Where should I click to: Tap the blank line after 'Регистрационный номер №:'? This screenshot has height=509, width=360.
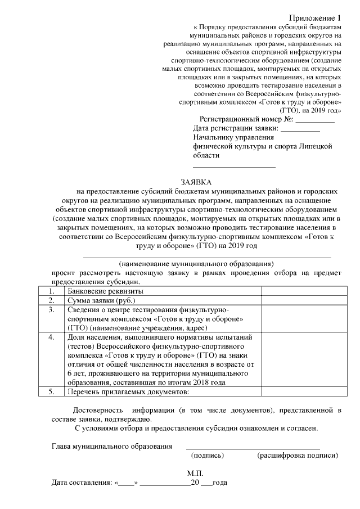click(x=315, y=120)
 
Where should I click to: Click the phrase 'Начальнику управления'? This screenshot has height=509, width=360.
click(x=233, y=138)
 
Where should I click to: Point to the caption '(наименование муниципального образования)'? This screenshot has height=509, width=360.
click(x=196, y=263)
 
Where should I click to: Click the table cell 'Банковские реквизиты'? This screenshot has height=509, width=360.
click(x=105, y=291)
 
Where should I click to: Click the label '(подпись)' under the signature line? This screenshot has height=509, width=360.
click(x=208, y=455)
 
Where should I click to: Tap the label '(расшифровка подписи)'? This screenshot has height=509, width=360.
click(x=297, y=455)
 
